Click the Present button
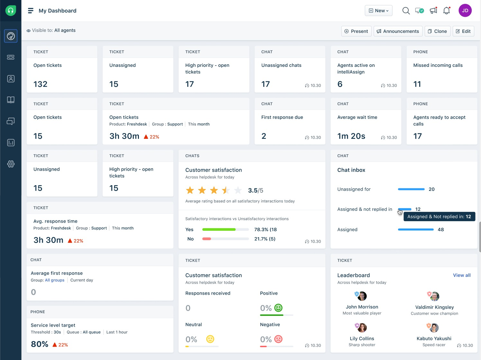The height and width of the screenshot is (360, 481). click(x=356, y=31)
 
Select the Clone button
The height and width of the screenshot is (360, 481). click(x=437, y=31)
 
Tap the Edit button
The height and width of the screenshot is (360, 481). click(x=463, y=31)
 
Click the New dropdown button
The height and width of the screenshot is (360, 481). click(x=378, y=11)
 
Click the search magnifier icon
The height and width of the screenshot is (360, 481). click(x=406, y=11)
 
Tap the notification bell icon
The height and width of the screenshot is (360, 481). click(x=446, y=11)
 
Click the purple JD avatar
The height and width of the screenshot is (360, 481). click(x=465, y=11)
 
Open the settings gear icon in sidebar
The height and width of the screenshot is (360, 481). click(x=11, y=164)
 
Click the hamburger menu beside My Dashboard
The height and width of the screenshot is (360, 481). click(x=31, y=11)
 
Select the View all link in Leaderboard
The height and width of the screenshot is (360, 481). click(x=461, y=275)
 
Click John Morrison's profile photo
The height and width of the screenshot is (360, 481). click(x=362, y=296)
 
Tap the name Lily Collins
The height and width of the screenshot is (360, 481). click(x=362, y=338)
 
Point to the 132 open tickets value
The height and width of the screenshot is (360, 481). click(x=41, y=84)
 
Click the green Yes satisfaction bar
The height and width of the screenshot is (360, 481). click(x=219, y=230)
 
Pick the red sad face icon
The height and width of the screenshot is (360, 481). click(x=278, y=339)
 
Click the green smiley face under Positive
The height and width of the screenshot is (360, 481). click(x=278, y=308)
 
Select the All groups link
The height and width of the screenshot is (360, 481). click(x=55, y=280)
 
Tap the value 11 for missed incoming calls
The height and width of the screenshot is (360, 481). click(x=417, y=84)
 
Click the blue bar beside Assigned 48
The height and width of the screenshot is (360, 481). click(x=415, y=230)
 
